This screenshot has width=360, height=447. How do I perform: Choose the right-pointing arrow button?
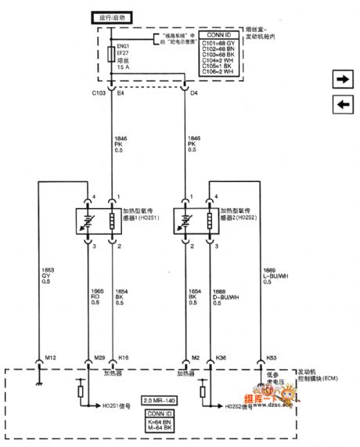pyautogui.click(x=342, y=79)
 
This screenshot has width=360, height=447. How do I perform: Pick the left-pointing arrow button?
pyautogui.click(x=342, y=105)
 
